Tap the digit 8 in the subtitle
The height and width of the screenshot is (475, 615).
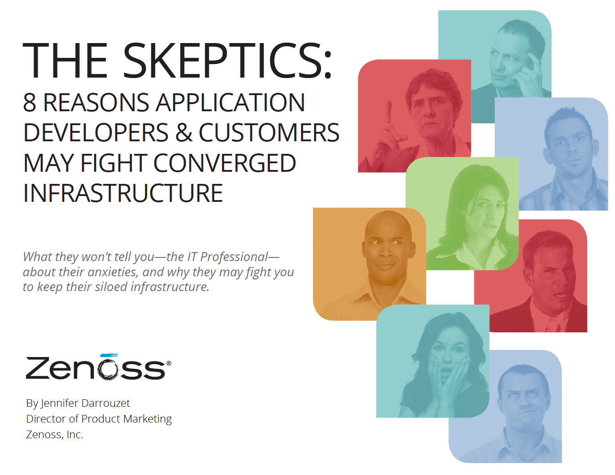tap(30, 102)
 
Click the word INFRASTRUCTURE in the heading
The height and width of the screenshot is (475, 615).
tap(123, 193)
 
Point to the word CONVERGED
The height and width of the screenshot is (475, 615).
tap(225, 163)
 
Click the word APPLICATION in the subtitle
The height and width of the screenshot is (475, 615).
tap(230, 102)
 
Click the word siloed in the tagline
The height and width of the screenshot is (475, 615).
tap(111, 287)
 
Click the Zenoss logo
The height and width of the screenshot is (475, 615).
tap(98, 367)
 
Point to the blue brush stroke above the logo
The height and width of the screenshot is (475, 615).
tap(109, 355)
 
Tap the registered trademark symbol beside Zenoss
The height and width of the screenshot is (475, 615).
tap(169, 363)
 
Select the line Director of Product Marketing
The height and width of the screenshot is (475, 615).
tap(99, 419)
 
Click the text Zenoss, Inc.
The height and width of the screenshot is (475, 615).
tap(55, 435)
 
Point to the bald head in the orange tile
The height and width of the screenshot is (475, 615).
tap(388, 226)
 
